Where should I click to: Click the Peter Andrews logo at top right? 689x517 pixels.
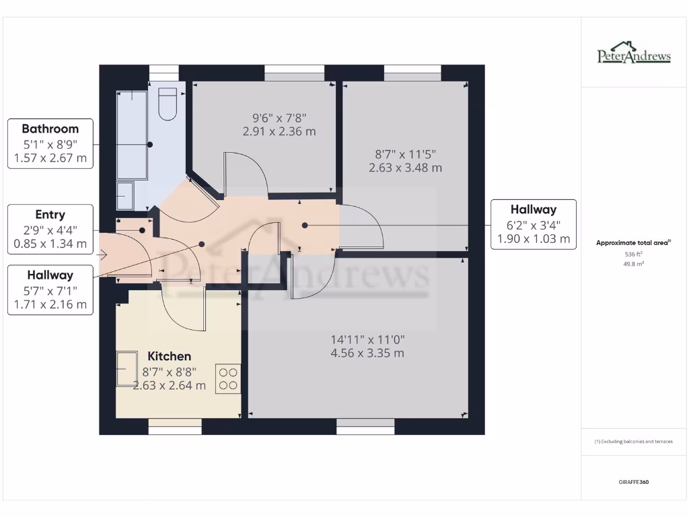pos(634,55)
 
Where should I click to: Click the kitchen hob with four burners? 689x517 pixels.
pos(228,378)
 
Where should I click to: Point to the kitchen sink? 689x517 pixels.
pos(126,370)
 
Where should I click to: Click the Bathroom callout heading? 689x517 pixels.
pos(50,129)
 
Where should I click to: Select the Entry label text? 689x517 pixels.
pos(50,215)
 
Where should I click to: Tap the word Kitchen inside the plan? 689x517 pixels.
pos(169,356)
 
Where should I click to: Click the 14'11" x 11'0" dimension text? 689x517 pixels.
pos(367,340)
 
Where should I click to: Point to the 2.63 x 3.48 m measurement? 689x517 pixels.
pos(405,168)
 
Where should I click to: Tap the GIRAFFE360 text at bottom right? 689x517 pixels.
pos(634,482)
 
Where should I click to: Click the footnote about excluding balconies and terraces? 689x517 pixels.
pos(634,442)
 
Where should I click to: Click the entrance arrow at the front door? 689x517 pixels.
pos(103,254)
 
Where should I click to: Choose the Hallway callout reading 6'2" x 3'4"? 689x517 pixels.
pos(533,225)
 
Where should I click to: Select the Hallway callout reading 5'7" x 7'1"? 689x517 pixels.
pos(50,289)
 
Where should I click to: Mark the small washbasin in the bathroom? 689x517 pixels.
pos(125,195)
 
